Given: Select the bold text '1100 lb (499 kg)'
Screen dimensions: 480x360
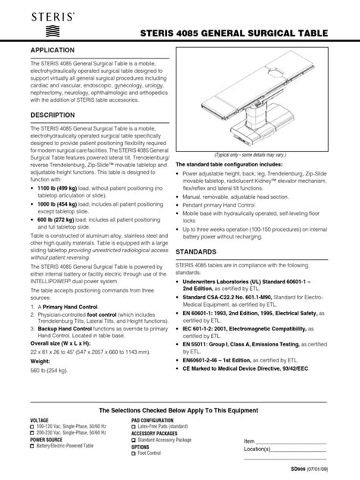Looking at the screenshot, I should coord(60,186).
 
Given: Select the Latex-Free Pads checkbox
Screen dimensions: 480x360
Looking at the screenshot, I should coord(134,425).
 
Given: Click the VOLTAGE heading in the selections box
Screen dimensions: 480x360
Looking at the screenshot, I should coord(40,419).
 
